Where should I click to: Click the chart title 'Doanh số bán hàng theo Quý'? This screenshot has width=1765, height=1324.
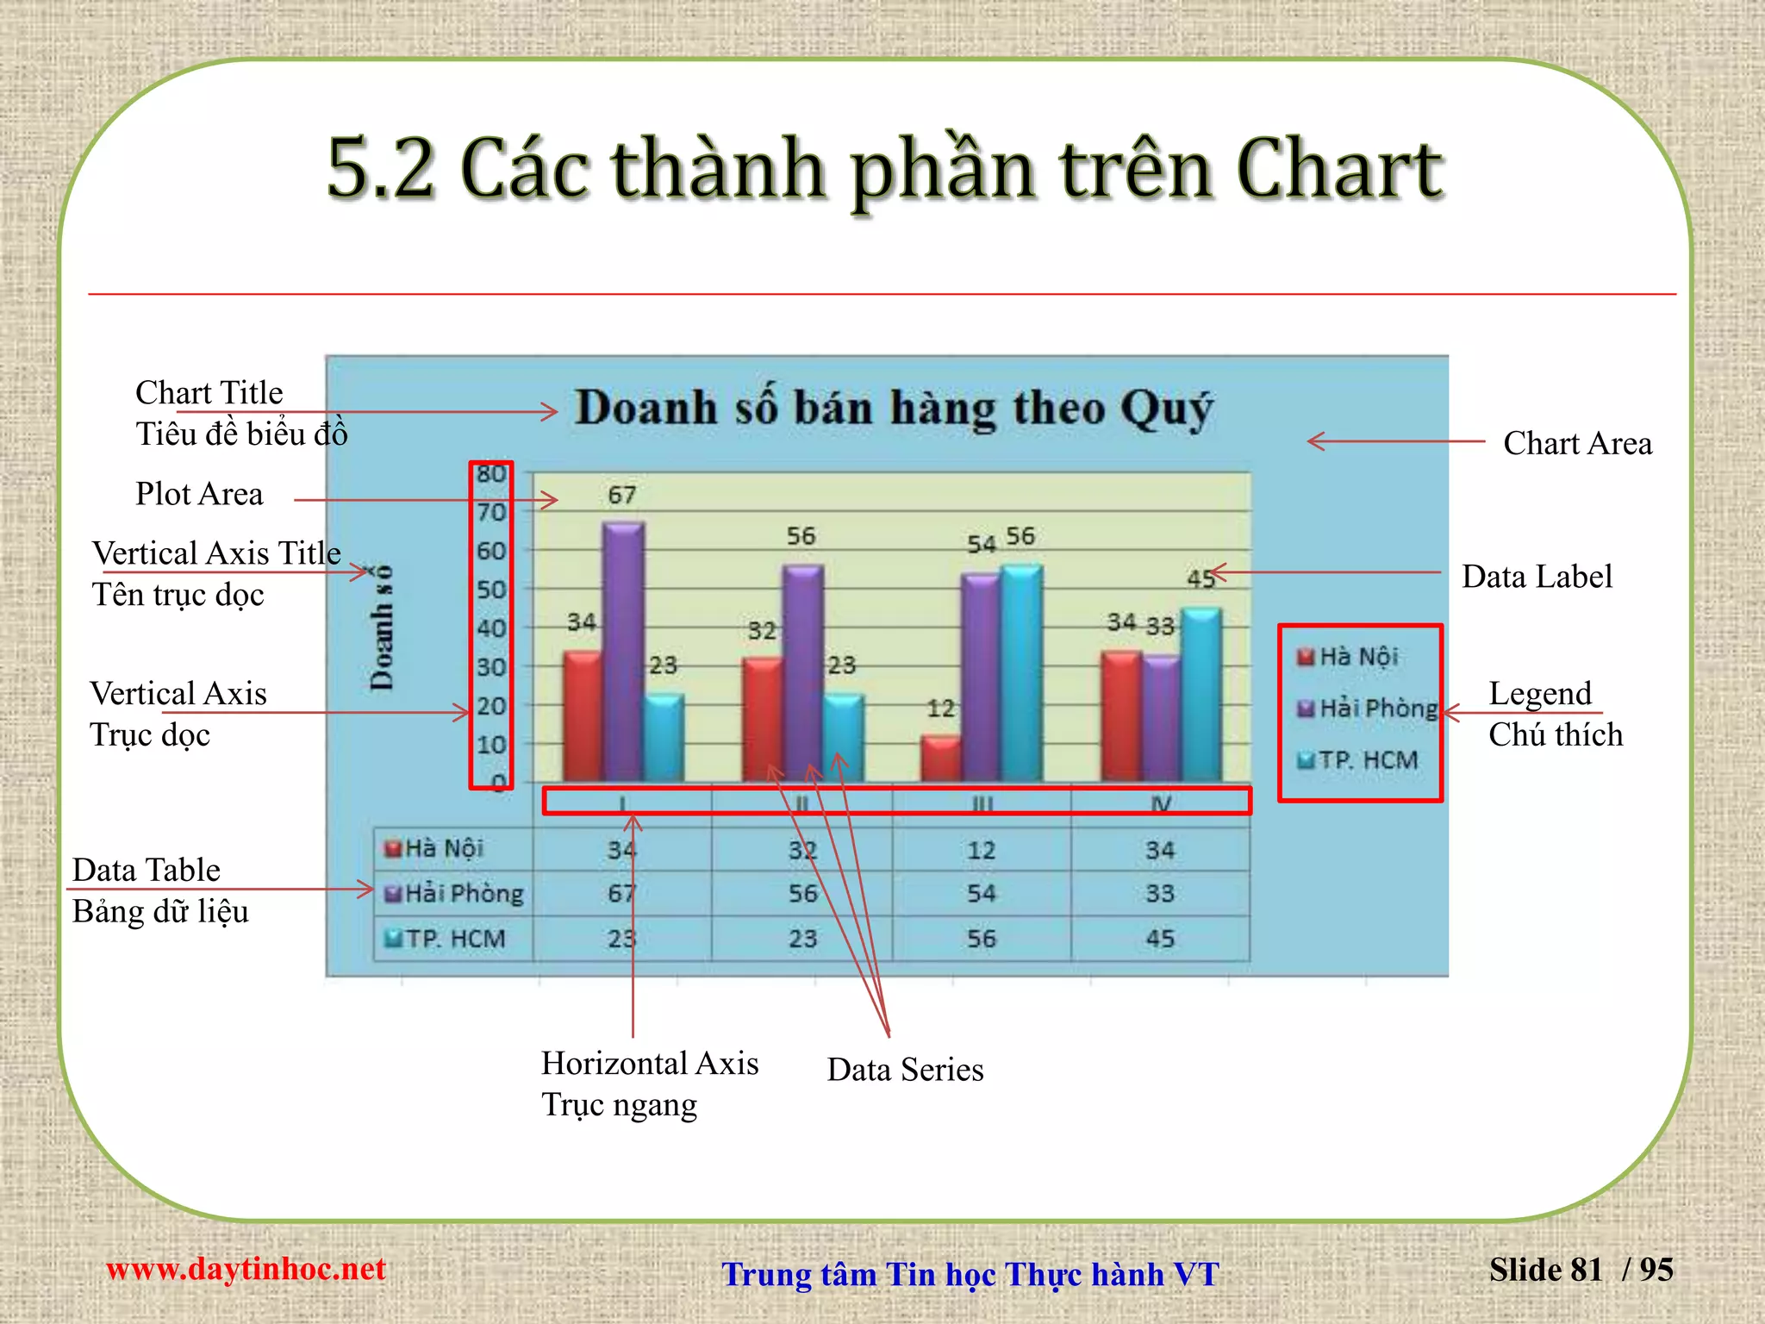click(x=895, y=408)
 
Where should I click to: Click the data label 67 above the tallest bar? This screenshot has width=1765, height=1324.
click(x=621, y=495)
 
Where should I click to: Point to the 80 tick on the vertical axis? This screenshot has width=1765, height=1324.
click(x=491, y=474)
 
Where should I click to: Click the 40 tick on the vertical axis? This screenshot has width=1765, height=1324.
click(x=491, y=628)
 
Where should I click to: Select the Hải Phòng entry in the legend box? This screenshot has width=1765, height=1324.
click(x=1369, y=709)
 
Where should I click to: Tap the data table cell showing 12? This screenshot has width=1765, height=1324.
click(x=981, y=851)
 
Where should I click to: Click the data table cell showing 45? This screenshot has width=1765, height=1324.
click(x=1160, y=939)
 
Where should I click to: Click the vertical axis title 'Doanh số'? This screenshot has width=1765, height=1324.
click(x=381, y=628)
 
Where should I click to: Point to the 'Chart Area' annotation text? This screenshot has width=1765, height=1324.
click(x=1577, y=443)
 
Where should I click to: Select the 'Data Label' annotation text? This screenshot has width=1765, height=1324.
click(x=1537, y=577)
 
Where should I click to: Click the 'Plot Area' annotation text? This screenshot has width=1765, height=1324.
click(x=199, y=494)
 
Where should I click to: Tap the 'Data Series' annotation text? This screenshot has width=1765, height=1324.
click(x=905, y=1070)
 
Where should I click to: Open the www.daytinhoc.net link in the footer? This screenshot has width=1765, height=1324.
click(x=246, y=1269)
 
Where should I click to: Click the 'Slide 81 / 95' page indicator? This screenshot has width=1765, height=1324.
click(x=1581, y=1270)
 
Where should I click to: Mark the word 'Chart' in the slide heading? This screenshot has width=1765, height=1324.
click(x=1339, y=169)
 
